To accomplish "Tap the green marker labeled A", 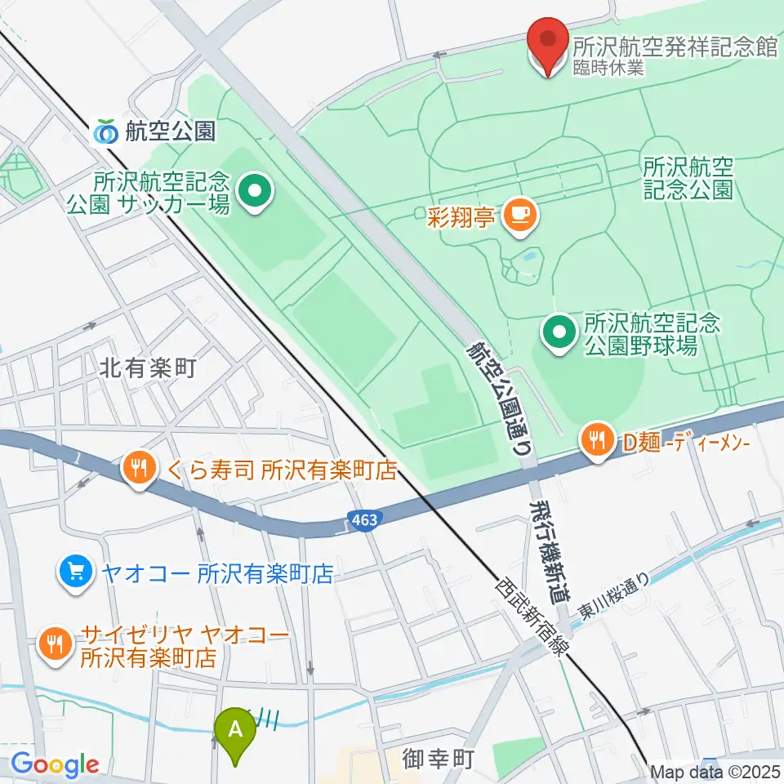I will (236, 728).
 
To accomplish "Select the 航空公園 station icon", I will (106, 131).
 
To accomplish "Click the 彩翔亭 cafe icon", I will (519, 215).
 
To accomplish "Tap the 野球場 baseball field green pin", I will (559, 332).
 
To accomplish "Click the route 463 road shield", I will (363, 520).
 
